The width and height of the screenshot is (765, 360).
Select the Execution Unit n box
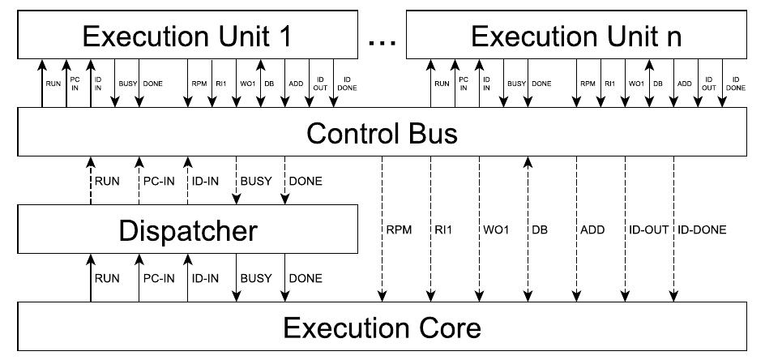click(576, 37)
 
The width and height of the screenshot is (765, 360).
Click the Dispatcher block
click(187, 230)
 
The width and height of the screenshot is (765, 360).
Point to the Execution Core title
click(382, 328)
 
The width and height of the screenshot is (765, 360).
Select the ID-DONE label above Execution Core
click(702, 230)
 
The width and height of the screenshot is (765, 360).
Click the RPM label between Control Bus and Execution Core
click(399, 230)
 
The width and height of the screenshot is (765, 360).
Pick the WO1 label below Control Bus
click(498, 230)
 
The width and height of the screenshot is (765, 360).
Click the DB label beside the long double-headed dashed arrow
click(541, 230)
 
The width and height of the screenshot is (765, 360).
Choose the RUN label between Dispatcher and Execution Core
click(107, 279)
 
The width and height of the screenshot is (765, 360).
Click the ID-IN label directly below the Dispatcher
click(205, 279)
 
